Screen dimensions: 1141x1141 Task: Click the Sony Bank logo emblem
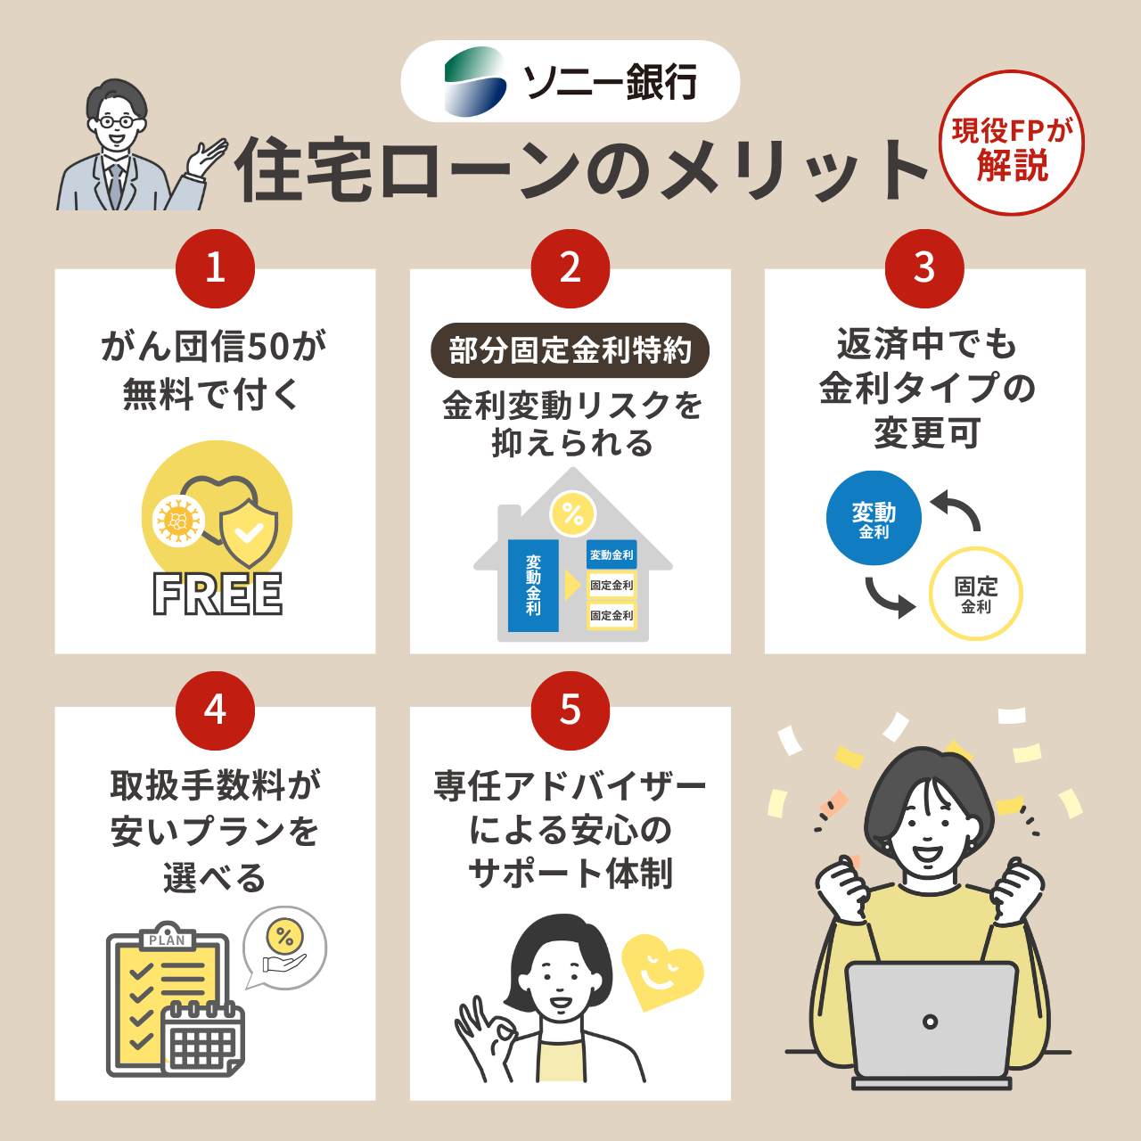pyautogui.click(x=475, y=82)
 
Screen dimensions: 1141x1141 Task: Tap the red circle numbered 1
pyautogui.click(x=215, y=268)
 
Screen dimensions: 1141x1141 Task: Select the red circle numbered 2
pyautogui.click(x=570, y=268)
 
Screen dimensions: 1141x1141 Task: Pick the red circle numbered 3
pyautogui.click(x=924, y=268)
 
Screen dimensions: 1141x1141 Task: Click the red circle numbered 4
pyautogui.click(x=215, y=710)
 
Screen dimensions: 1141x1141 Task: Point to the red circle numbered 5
pyautogui.click(x=570, y=710)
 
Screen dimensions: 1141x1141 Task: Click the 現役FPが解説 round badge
pyautogui.click(x=1012, y=144)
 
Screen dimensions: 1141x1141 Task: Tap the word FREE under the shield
pyautogui.click(x=218, y=595)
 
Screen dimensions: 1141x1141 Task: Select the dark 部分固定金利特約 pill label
pyautogui.click(x=570, y=350)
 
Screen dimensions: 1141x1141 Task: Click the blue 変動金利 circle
pyautogui.click(x=874, y=518)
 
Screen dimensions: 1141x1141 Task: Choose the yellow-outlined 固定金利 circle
pyautogui.click(x=975, y=594)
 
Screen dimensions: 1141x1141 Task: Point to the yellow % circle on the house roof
pyautogui.click(x=572, y=513)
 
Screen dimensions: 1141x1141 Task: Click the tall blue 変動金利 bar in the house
pyautogui.click(x=533, y=585)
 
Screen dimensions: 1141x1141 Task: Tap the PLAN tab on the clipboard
pyautogui.click(x=167, y=940)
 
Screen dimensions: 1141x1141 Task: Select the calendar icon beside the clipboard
pyautogui.click(x=203, y=1038)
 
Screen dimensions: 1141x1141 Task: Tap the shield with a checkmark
pyautogui.click(x=249, y=532)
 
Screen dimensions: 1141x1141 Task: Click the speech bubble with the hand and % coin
pyautogui.click(x=284, y=948)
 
